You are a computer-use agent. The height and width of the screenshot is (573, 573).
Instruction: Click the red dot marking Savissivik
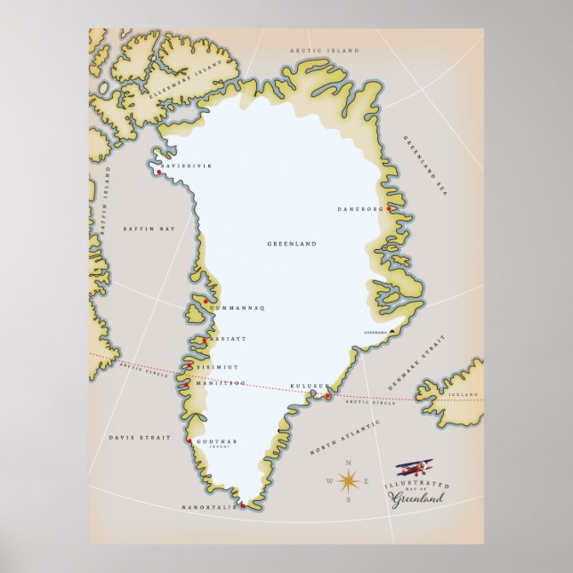pyautogui.click(x=157, y=172)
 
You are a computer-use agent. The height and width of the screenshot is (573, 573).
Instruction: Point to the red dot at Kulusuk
pyautogui.click(x=327, y=395)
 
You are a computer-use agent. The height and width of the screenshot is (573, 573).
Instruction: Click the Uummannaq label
pyautogui.click(x=238, y=308)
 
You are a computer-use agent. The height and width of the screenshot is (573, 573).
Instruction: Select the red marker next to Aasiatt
pyautogui.click(x=205, y=340)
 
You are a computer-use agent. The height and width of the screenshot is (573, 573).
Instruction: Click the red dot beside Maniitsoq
pyautogui.click(x=187, y=384)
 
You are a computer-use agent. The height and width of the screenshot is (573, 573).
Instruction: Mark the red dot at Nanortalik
pyautogui.click(x=242, y=504)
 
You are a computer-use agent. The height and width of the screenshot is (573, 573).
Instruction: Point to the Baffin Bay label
pyautogui.click(x=149, y=229)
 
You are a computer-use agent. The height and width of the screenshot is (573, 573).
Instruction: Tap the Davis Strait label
pyautogui.click(x=133, y=438)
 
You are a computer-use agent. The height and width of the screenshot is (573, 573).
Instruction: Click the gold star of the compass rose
pyautogui.click(x=349, y=482)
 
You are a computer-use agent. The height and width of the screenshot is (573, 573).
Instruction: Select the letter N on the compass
pyautogui.click(x=349, y=463)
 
